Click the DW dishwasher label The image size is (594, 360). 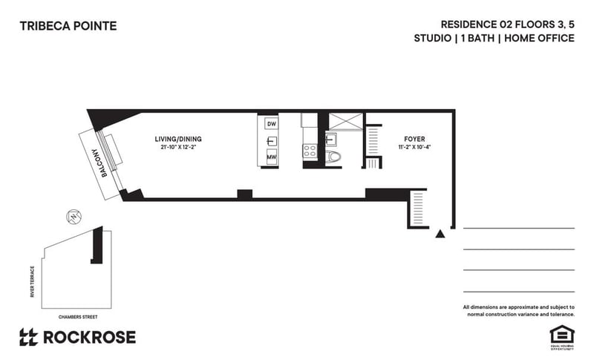pos(272,123)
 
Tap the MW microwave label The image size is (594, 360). pos(272,157)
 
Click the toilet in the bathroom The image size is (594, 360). pos(334,157)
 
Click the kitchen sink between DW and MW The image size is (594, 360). pos(272,140)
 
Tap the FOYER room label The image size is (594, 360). pos(414,139)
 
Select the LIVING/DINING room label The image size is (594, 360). pos(178,139)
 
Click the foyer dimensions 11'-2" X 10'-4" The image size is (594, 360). pos(414,148)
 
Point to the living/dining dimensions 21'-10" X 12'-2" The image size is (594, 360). pos(178,147)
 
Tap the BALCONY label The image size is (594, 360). pos(97,162)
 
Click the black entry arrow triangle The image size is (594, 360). pos(440,233)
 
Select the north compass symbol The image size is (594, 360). pos(74,217)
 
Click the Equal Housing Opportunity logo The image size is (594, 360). pos(558,333)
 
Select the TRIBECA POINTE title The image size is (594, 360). pos(68,27)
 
